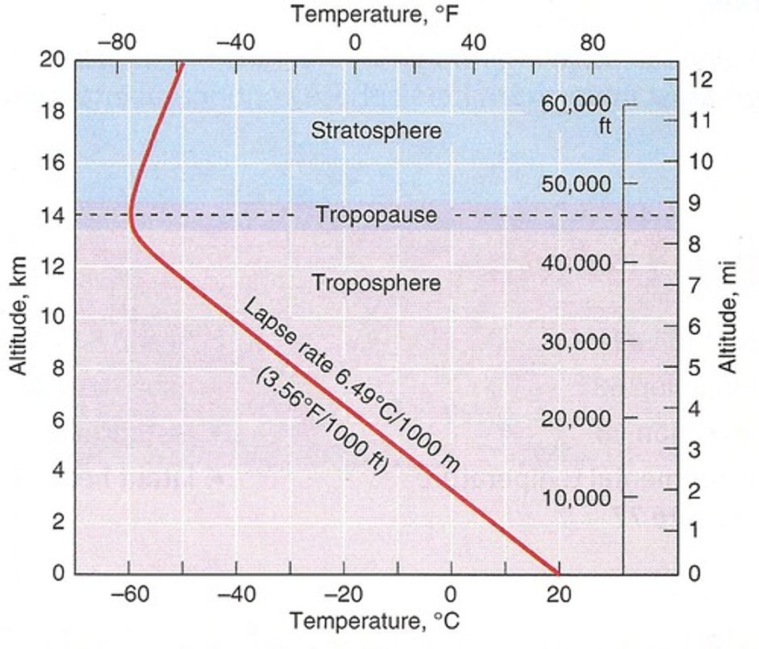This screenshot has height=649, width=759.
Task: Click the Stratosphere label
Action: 376,131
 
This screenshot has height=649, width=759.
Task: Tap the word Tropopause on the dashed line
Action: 376,215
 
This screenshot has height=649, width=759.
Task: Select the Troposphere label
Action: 376,283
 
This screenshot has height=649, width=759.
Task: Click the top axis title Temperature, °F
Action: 375,14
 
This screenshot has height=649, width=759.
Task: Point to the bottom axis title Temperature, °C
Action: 375,621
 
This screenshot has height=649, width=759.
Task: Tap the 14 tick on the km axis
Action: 53,215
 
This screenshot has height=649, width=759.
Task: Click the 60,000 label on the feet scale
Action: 576,104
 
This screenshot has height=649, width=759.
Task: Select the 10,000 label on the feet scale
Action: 576,498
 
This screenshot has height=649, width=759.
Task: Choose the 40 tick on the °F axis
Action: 474,42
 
